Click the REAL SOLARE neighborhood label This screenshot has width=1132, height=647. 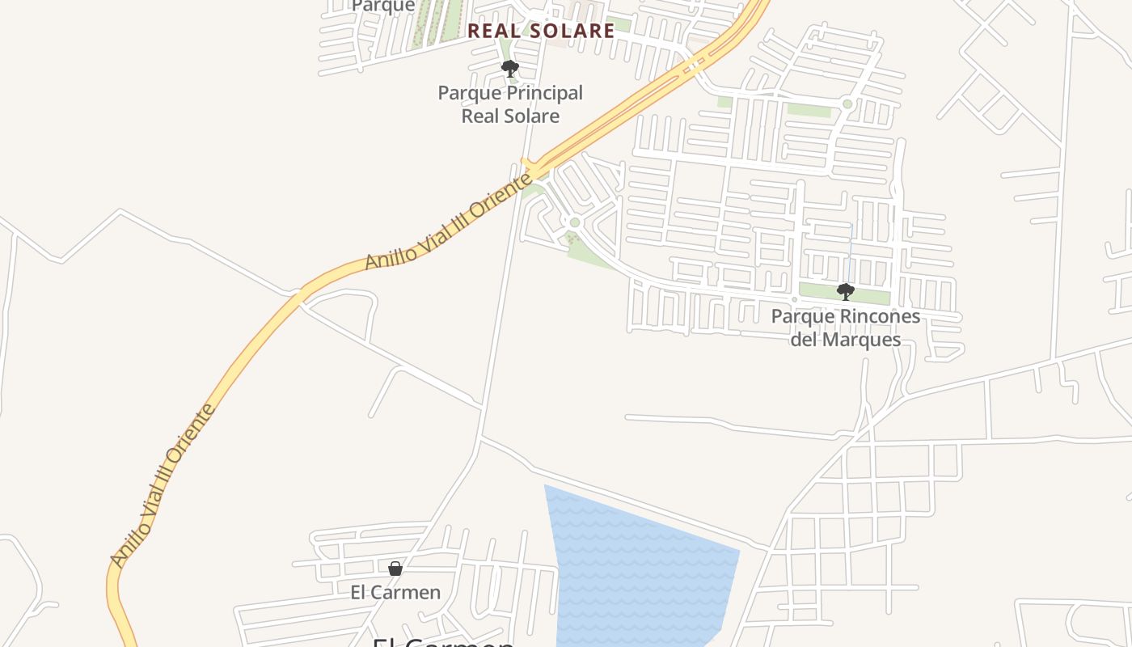coord(541,31)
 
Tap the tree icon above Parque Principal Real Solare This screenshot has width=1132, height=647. coord(509,69)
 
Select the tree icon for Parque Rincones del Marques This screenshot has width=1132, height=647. coord(845,291)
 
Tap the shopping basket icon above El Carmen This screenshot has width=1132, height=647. coord(395,569)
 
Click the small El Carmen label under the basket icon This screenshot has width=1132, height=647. coord(395,592)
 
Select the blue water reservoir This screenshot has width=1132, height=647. coord(639,566)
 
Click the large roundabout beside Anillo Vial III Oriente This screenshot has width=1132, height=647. coord(575,222)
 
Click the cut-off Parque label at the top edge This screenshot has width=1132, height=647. coord(384,6)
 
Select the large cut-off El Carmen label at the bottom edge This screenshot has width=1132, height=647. coord(443,642)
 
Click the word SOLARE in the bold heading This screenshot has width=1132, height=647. coord(573,31)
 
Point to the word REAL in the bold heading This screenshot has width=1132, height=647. coord(492,31)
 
